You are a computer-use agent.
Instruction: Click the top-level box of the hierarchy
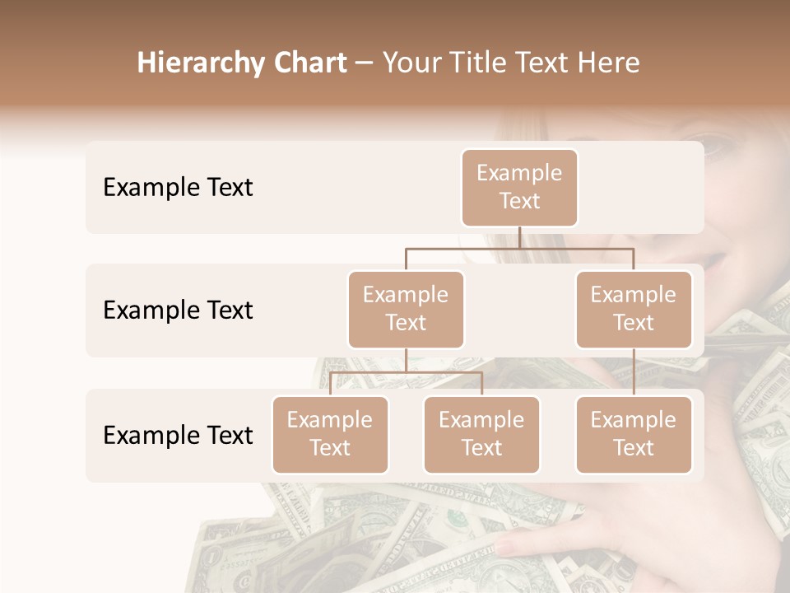pyautogui.click(x=519, y=187)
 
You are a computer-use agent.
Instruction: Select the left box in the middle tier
pyautogui.click(x=406, y=309)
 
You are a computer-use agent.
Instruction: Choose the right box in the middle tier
pyautogui.click(x=634, y=309)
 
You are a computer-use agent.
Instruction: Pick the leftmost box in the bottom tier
pyautogui.click(x=330, y=434)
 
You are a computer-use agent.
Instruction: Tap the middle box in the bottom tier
pyautogui.click(x=481, y=434)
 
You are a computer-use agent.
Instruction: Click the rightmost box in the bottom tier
pyautogui.click(x=634, y=434)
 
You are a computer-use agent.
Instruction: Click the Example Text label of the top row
pyautogui.click(x=178, y=188)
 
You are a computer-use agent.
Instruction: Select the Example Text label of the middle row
pyautogui.click(x=178, y=311)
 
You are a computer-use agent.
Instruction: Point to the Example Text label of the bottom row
pyautogui.click(x=178, y=435)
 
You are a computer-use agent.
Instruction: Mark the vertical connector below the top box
pyautogui.click(x=519, y=237)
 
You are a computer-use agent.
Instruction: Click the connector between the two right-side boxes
pyautogui.click(x=634, y=372)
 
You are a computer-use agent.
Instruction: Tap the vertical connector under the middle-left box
pyautogui.click(x=406, y=361)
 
